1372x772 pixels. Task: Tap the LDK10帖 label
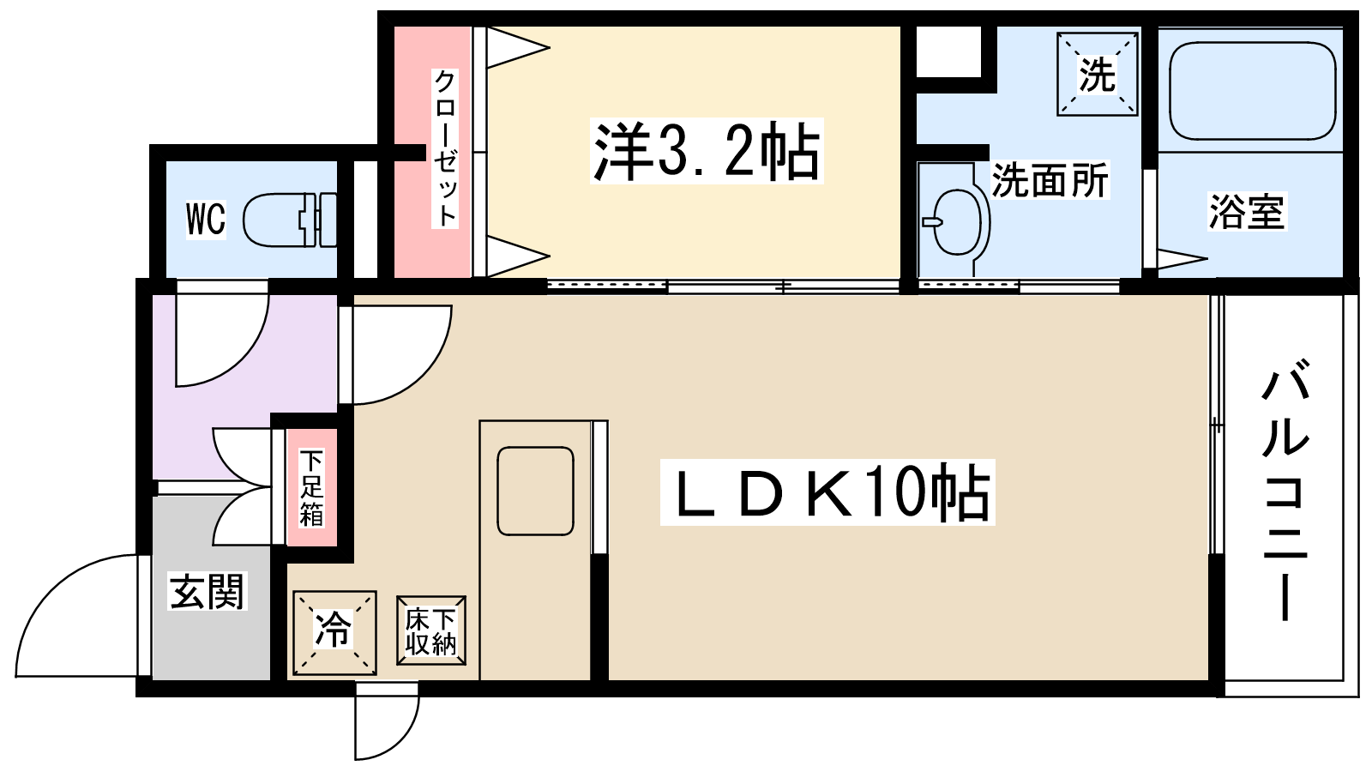[x=827, y=493]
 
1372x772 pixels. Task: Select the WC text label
[x=206, y=219]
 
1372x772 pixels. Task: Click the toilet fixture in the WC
[x=287, y=220]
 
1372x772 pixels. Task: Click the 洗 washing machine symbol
[x=1098, y=75]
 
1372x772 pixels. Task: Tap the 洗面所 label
[x=1050, y=180]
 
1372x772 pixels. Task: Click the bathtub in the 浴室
[x=1252, y=91]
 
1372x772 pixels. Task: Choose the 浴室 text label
[x=1247, y=212]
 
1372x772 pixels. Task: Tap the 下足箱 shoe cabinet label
[x=311, y=487]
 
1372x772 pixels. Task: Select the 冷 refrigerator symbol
[x=334, y=632]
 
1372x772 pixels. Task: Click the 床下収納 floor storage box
[x=431, y=631]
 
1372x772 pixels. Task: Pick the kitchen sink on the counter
[x=535, y=491]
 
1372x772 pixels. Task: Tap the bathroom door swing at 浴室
[x=1180, y=258]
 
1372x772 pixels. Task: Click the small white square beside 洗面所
[x=948, y=51]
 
